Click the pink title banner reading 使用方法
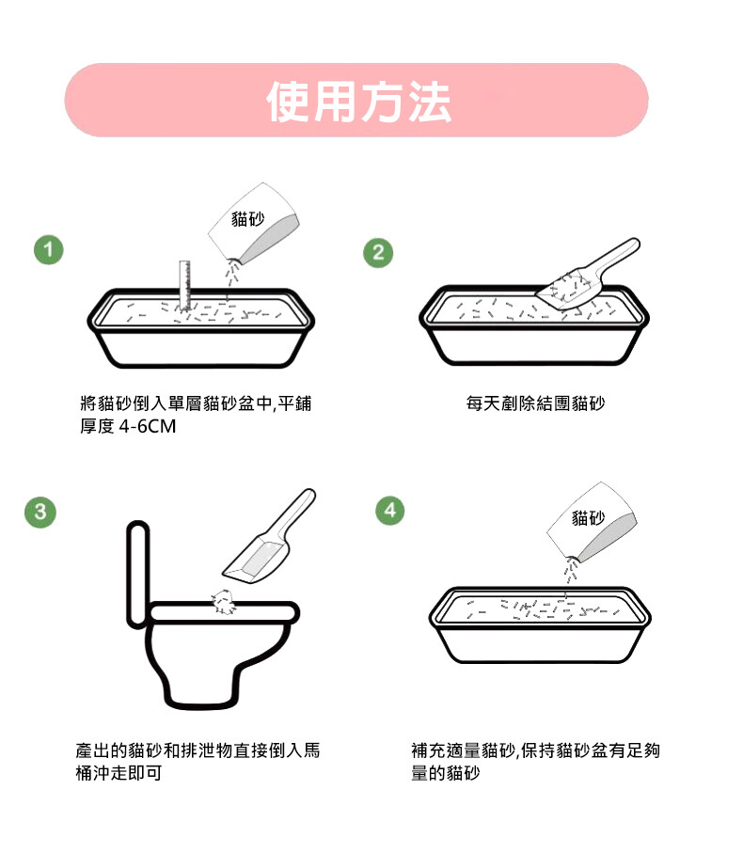(x=356, y=100)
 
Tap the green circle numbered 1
(x=48, y=250)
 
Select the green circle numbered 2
(x=378, y=252)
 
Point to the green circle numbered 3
(x=40, y=512)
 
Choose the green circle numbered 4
(x=390, y=511)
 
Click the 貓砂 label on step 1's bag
(x=248, y=219)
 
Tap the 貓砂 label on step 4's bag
(x=588, y=517)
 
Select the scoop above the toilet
(x=269, y=536)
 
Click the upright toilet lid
(x=137, y=574)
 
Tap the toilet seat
(x=224, y=612)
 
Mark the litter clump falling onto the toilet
(x=224, y=601)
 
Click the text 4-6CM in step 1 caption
(x=147, y=426)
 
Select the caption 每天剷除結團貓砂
(x=535, y=403)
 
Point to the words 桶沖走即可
(x=119, y=772)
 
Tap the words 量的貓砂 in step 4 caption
(x=446, y=772)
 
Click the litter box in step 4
(x=540, y=624)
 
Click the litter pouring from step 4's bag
(x=570, y=570)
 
